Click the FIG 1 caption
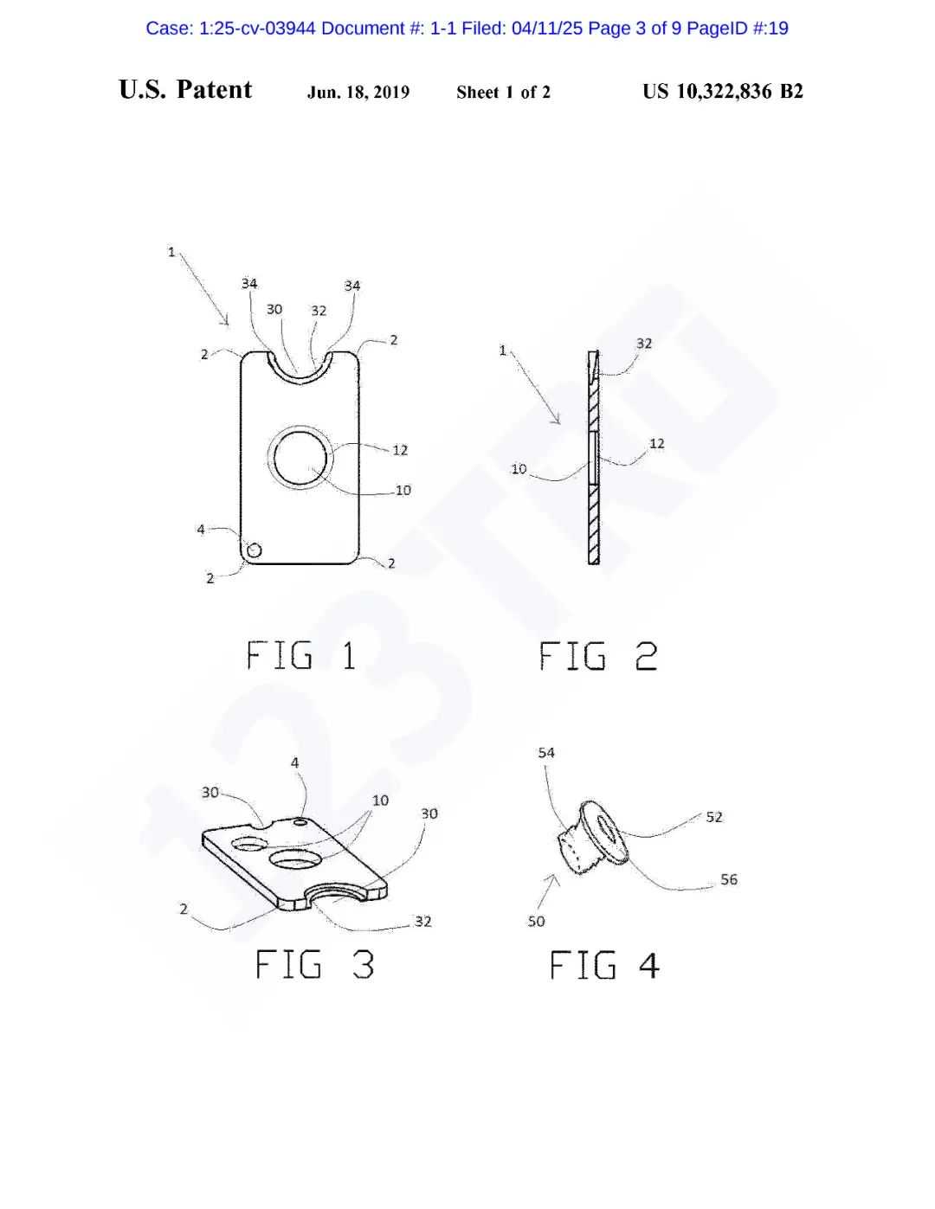301,655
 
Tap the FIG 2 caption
598,655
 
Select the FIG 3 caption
315,964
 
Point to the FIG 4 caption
605,964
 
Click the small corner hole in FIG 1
254,550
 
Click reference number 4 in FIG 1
201,529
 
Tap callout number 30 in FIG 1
274,309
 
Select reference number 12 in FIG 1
400,449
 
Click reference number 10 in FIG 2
519,469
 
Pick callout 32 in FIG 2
644,344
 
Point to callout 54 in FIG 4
546,753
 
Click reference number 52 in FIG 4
714,817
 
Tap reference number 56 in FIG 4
729,879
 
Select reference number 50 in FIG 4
536,922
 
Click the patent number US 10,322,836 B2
723,91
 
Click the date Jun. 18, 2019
358,92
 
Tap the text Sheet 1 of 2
503,92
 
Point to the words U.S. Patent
185,90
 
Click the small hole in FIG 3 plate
300,820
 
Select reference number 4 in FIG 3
295,762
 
